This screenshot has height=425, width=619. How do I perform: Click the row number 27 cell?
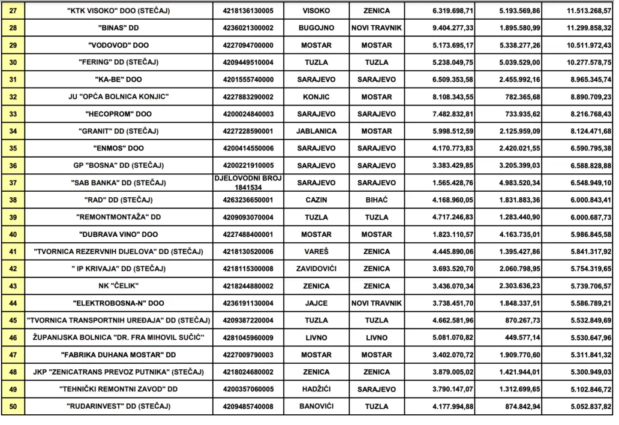point(12,11)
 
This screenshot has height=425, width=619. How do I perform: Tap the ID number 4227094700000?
point(248,45)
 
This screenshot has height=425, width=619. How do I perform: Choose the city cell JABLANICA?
point(316,131)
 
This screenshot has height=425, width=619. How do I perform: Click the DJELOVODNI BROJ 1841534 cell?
point(248,183)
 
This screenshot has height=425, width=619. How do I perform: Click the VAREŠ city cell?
point(316,252)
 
